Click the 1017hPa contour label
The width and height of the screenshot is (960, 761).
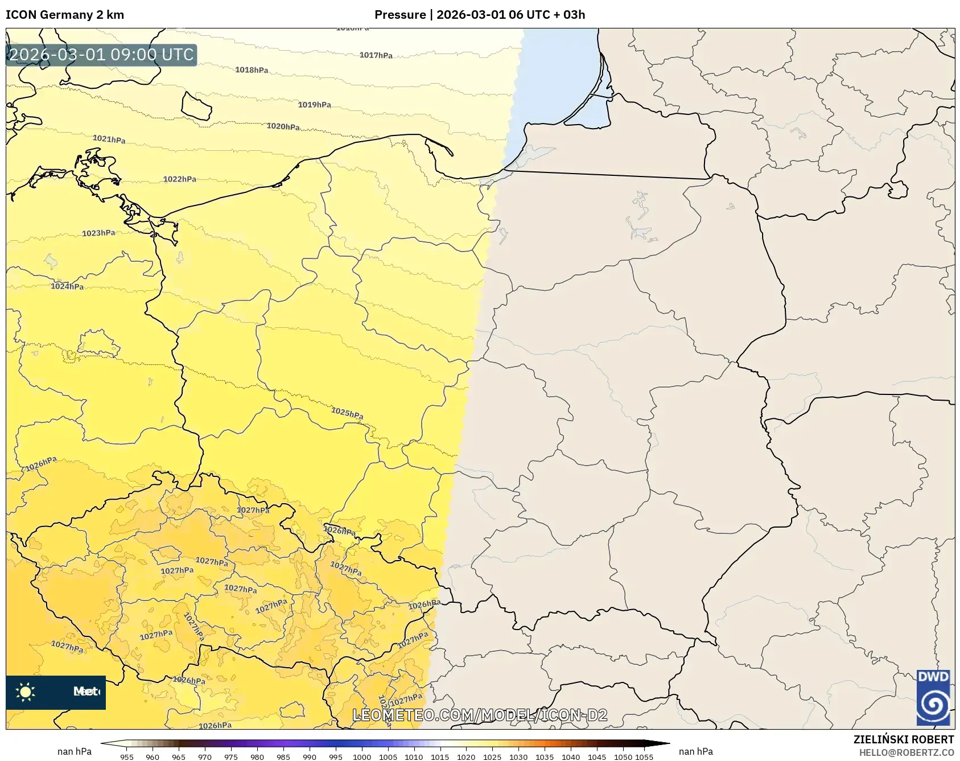[x=376, y=55]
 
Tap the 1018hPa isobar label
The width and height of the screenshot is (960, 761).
[x=252, y=70]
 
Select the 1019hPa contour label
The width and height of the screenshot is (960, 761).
[x=314, y=105]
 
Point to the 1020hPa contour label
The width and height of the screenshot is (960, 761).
[x=283, y=126]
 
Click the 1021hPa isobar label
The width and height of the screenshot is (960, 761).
[x=109, y=139]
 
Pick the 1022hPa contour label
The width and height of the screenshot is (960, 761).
[x=179, y=179]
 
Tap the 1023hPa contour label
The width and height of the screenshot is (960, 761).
[x=98, y=233]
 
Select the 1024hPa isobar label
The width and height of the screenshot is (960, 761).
[x=67, y=286]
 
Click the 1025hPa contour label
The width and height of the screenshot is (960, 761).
[x=347, y=413]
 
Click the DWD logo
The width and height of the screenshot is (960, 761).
[x=933, y=697]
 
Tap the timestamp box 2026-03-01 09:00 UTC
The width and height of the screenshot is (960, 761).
[x=101, y=55]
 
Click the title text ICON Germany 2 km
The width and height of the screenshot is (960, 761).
[x=64, y=15]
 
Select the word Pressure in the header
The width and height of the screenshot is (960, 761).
[x=400, y=15]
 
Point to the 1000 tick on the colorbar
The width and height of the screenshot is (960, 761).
[x=361, y=757]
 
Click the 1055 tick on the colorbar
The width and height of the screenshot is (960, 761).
[x=644, y=757]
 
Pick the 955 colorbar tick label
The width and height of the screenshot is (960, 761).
[x=127, y=757]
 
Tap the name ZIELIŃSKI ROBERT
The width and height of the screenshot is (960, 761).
[x=903, y=739]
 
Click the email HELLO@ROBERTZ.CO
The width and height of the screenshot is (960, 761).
[x=906, y=752]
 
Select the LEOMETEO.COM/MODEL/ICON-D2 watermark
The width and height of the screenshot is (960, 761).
[x=480, y=715]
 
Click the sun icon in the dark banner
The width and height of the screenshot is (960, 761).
[x=25, y=692]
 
